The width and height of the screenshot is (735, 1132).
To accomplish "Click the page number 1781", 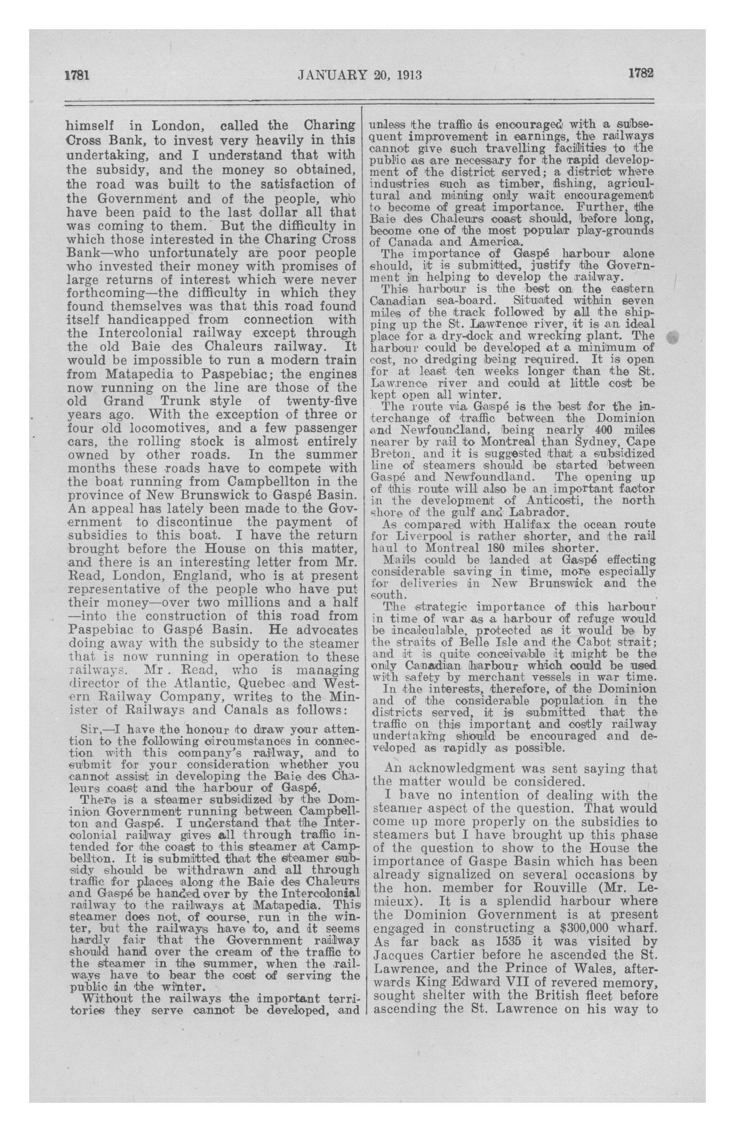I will click(x=77, y=75).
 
